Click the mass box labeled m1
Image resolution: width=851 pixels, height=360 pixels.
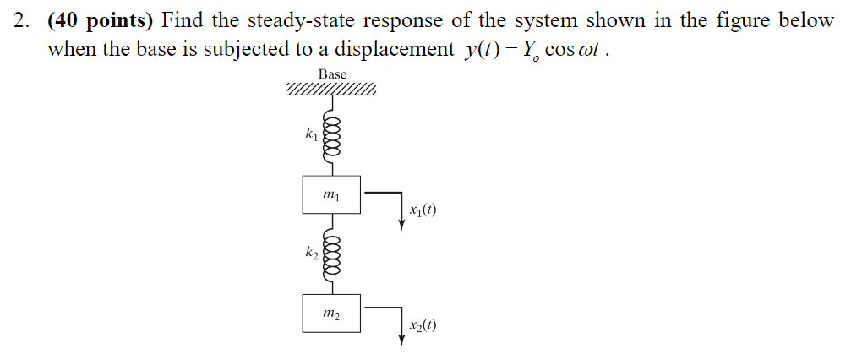(x=331, y=195)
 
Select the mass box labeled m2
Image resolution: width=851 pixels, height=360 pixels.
(x=331, y=313)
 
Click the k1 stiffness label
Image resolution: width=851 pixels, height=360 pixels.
(x=312, y=134)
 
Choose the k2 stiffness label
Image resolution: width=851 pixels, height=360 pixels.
(x=312, y=251)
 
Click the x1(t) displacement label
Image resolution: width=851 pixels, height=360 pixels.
(x=422, y=210)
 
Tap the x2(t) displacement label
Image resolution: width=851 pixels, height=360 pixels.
(x=422, y=327)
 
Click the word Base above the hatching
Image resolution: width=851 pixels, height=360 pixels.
(x=332, y=74)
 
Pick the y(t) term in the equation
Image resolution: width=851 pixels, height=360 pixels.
(x=479, y=49)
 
